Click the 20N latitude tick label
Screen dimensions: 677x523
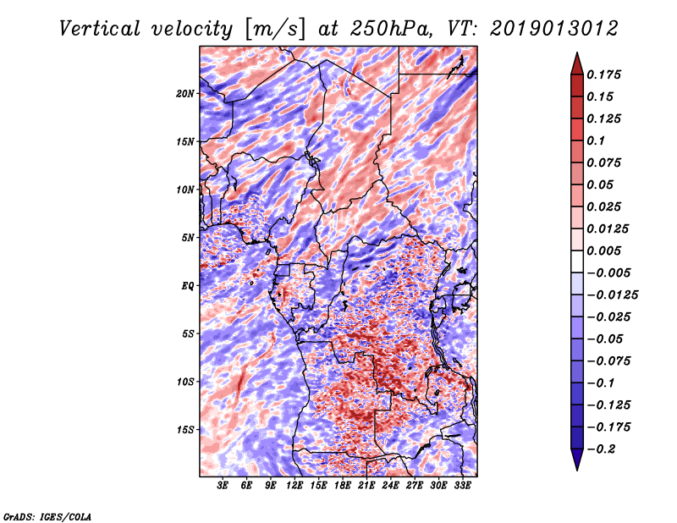pos(185,94)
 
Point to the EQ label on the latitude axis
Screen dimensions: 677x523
pos(187,286)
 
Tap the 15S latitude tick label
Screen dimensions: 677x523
pos(185,430)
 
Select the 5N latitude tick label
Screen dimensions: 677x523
pos(188,238)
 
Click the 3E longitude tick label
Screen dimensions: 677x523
pos(223,486)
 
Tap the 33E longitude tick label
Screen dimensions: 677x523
pos(462,486)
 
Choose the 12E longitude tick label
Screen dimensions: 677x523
pos(294,486)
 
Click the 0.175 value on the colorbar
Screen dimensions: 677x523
pos(603,74)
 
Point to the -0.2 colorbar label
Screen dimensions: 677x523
pos(601,449)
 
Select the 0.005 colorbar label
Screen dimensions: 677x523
pos(603,250)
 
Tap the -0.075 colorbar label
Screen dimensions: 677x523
pos(608,361)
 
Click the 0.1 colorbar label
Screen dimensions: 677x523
pos(596,140)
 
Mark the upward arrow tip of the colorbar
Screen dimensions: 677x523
pos(577,52)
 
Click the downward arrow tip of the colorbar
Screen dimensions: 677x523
pos(577,470)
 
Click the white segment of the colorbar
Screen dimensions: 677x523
pos(577,261)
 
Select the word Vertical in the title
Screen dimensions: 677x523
pos(100,29)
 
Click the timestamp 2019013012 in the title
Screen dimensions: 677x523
pos(554,29)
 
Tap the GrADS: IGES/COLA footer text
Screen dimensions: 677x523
pos(47,516)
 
